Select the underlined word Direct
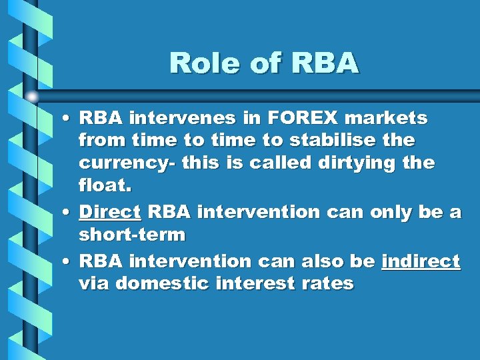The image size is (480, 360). (x=109, y=212)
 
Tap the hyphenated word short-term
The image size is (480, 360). (x=132, y=235)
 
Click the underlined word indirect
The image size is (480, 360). (x=421, y=261)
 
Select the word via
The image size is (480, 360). (x=94, y=283)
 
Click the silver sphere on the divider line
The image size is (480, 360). (x=32, y=97)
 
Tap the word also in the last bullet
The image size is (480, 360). (x=321, y=261)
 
